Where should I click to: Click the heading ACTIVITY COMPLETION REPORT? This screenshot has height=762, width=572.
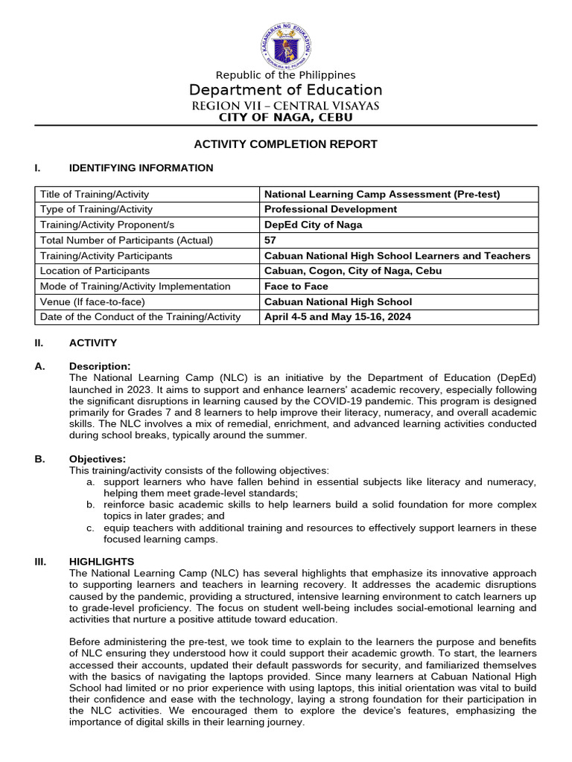click(x=286, y=144)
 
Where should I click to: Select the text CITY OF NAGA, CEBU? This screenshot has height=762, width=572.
click(x=285, y=118)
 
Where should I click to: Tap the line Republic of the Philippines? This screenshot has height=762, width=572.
click(x=285, y=75)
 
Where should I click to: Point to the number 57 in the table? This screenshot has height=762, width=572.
click(x=270, y=240)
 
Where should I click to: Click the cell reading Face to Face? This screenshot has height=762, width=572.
click(x=296, y=286)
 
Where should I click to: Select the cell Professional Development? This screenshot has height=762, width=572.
click(x=331, y=209)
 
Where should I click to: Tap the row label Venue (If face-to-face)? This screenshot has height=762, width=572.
click(x=93, y=302)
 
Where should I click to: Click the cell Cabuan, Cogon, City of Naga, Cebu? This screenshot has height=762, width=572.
click(x=353, y=271)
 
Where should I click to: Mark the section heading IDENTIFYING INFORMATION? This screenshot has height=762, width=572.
click(x=141, y=168)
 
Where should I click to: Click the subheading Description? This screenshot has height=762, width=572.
click(x=100, y=366)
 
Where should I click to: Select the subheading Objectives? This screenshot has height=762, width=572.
click(x=98, y=459)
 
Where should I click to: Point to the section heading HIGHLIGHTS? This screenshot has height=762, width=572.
click(x=101, y=562)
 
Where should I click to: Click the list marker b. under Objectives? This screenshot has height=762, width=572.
click(x=90, y=505)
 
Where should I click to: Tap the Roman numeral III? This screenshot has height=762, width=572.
click(x=41, y=562)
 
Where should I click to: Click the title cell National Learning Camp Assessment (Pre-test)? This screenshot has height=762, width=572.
click(x=382, y=194)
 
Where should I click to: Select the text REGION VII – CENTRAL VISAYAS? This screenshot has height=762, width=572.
click(x=285, y=106)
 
